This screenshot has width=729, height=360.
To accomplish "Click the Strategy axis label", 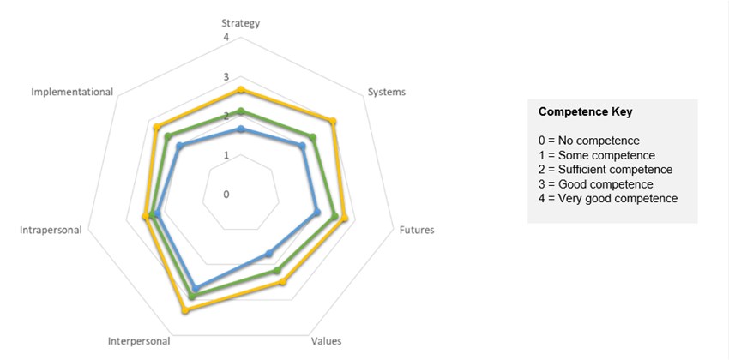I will (241, 23).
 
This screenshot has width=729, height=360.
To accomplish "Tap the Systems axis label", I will (386, 92).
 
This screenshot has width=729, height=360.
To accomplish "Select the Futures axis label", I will (415, 230).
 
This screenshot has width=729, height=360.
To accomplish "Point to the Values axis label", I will (326, 340).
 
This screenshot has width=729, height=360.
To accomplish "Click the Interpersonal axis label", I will (139, 340).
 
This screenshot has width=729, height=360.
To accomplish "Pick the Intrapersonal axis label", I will (51, 230).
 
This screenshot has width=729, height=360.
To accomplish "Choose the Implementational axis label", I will (72, 92).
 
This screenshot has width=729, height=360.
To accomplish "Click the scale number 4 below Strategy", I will (226, 38).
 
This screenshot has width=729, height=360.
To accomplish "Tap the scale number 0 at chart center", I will (226, 194).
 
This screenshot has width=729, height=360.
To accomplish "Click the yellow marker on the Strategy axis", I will (241, 90).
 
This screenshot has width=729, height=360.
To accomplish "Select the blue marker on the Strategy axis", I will (241, 129).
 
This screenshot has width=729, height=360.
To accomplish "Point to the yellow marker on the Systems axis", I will (333, 121).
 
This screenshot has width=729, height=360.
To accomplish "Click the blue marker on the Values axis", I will (268, 253).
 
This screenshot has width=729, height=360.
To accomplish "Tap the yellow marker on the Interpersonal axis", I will (185, 309).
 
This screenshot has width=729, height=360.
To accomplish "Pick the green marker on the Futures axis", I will (334, 216).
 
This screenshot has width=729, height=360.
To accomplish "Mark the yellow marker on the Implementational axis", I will (156, 128).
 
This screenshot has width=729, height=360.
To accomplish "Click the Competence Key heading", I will (586, 112).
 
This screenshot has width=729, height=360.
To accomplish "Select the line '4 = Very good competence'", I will (608, 199).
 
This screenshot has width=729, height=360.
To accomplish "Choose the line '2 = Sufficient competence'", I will (605, 170).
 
